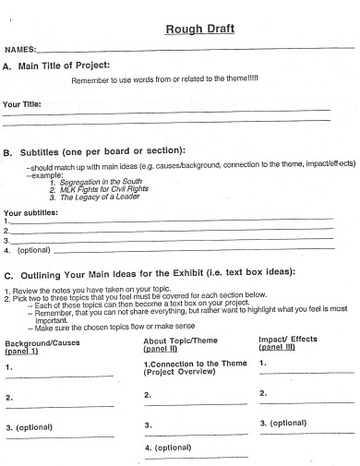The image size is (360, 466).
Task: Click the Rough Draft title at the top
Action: [x=199, y=29]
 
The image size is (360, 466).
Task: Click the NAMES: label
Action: [x=21, y=48]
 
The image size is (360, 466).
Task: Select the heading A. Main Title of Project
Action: [x=58, y=66]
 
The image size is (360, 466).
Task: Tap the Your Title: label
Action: [x=23, y=104]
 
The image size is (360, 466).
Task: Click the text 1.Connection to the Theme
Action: [x=195, y=364]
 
